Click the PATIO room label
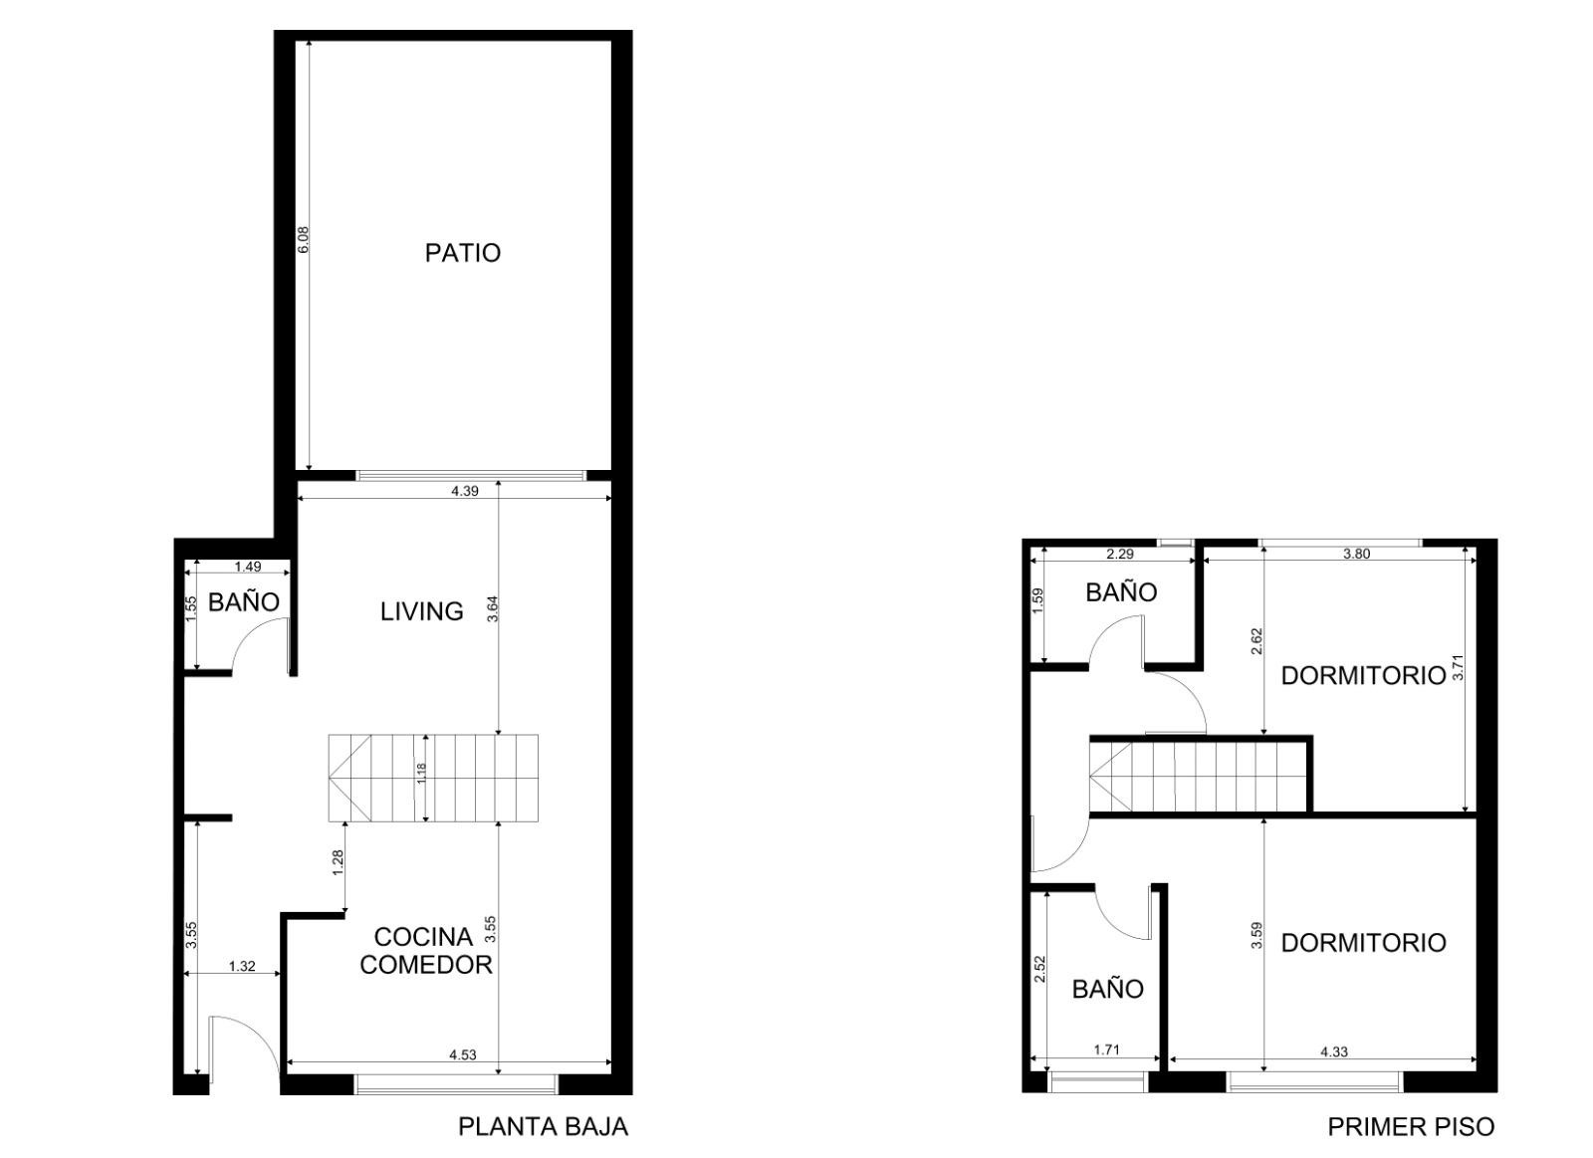(x=463, y=253)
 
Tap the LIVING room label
(x=422, y=611)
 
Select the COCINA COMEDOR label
(x=426, y=951)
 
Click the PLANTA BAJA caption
(x=544, y=1127)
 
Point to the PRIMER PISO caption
(x=1412, y=1127)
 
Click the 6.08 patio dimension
(x=303, y=240)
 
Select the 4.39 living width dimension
(x=465, y=491)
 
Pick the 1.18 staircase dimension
(x=422, y=774)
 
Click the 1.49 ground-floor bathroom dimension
(x=248, y=567)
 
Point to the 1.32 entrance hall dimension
(x=242, y=967)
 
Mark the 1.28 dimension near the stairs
(x=338, y=863)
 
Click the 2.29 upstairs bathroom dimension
(x=1120, y=554)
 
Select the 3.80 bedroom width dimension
(x=1356, y=554)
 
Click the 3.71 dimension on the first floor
(x=1459, y=667)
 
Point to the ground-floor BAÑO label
(x=244, y=602)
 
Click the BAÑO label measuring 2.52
(x=1107, y=989)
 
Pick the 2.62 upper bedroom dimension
(x=1256, y=641)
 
